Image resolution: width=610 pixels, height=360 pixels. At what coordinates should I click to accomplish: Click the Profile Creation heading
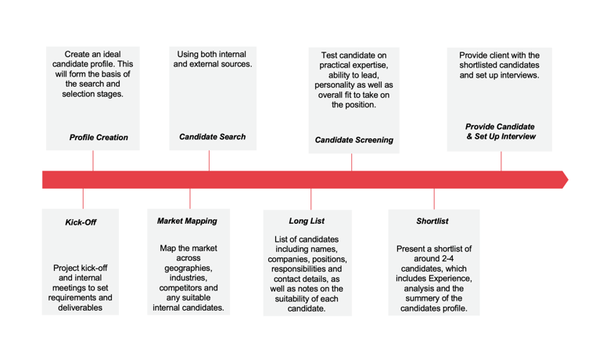coord(99,138)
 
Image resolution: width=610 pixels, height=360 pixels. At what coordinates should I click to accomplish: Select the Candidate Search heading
coord(212,137)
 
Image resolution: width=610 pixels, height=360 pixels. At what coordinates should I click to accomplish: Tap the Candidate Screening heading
coord(353,141)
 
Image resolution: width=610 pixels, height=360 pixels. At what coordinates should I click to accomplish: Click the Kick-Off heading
coord(81,222)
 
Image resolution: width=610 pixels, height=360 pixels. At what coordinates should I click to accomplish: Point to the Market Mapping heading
coord(187,221)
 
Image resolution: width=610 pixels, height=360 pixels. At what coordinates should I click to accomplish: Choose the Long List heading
coord(307,221)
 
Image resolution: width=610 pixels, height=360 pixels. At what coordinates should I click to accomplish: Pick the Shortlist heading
coord(432,221)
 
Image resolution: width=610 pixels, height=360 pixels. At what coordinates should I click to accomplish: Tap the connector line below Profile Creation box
coord(93,161)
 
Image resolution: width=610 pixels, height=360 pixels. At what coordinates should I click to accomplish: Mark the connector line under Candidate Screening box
coord(351,162)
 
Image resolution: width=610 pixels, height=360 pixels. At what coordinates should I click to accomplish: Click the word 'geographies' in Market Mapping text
coord(188,268)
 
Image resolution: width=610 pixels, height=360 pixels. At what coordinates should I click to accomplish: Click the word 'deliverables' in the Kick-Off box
coord(81,308)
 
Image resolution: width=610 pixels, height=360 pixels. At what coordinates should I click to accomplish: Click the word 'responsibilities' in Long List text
coord(307,268)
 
